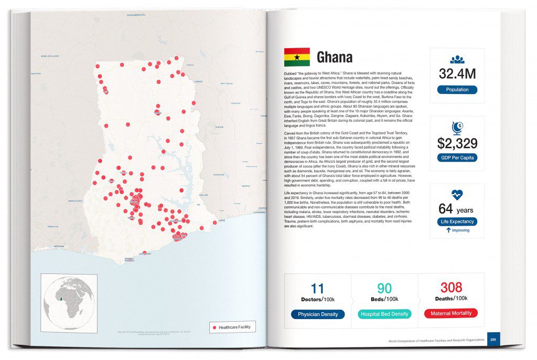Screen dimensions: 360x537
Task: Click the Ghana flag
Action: coord(296,57)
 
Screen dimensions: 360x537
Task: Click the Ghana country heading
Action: coord(335,57)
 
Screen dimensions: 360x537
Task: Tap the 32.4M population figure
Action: coord(457,74)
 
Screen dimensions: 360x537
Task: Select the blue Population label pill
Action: coord(457,90)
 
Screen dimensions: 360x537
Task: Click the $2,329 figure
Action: coord(457,142)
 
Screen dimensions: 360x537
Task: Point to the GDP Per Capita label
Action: coord(457,157)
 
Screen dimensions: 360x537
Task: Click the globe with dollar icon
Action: coord(457,128)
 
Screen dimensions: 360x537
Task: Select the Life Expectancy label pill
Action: coord(457,221)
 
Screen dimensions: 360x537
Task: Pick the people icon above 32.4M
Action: coord(457,60)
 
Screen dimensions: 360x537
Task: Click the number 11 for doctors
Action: coord(318,288)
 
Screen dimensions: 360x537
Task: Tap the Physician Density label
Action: coord(318,314)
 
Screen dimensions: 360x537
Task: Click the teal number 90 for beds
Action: coord(384,288)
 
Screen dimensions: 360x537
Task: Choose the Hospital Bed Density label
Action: coord(385,314)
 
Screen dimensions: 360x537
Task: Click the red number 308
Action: coord(451,287)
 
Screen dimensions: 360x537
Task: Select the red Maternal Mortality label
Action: coord(451,313)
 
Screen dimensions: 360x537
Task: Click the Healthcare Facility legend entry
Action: coord(232,327)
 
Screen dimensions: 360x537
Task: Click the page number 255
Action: coord(493,340)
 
